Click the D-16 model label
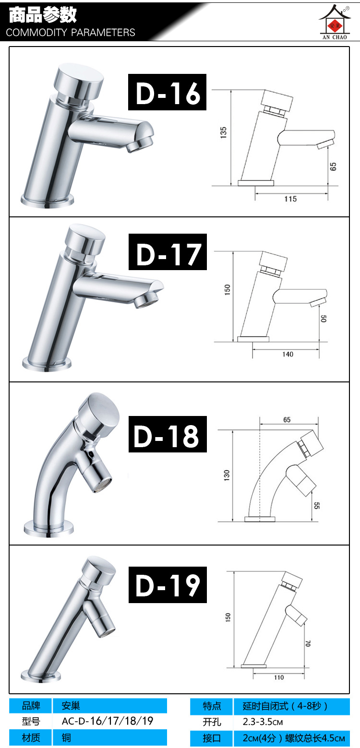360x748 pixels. click(x=168, y=92)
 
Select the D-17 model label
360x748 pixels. click(x=168, y=252)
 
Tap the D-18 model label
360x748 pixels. click(x=168, y=434)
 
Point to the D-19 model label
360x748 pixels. click(x=168, y=585)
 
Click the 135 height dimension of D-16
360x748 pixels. click(x=223, y=132)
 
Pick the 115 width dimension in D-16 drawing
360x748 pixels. click(x=290, y=199)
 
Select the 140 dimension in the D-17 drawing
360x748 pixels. click(x=288, y=354)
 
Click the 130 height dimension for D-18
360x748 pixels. click(x=227, y=475)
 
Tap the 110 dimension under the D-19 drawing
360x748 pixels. click(x=279, y=677)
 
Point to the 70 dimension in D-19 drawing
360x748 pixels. click(x=308, y=643)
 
